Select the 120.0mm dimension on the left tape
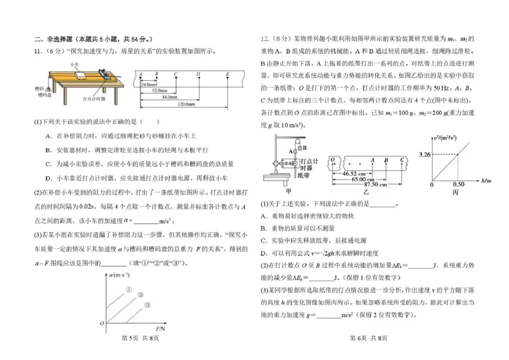[185, 104]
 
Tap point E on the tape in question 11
[228, 74]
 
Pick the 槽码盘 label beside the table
[44, 94]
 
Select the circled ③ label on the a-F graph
[147, 305]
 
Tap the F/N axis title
[160, 329]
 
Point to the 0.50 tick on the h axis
[457, 184]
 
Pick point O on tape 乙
[332, 158]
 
